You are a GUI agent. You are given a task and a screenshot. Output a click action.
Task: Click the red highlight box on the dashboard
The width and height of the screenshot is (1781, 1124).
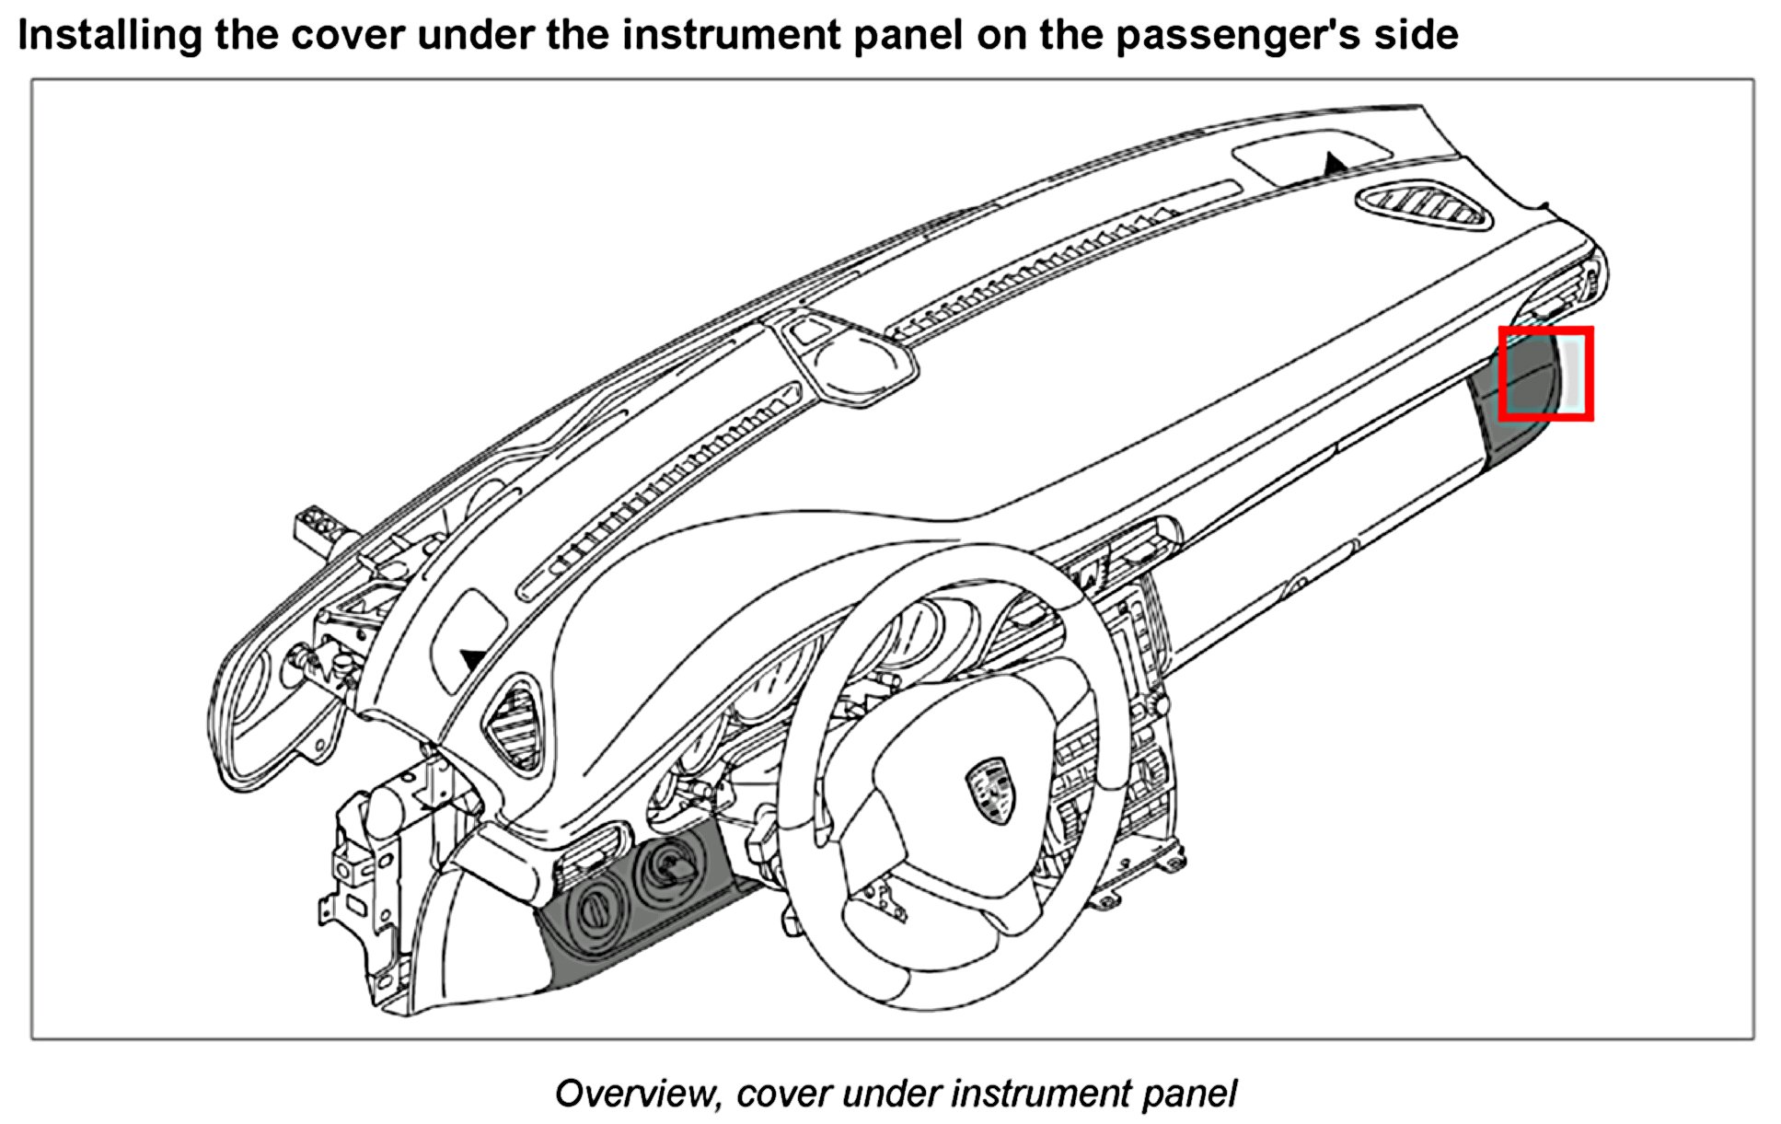(x=1545, y=374)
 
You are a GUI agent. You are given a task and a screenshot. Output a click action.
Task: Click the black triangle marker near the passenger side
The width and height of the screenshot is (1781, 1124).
(x=1334, y=164)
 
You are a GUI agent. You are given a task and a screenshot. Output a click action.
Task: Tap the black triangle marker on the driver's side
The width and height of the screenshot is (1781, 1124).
(x=473, y=658)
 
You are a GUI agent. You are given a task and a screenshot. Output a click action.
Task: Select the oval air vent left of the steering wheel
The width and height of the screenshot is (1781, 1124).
(x=515, y=724)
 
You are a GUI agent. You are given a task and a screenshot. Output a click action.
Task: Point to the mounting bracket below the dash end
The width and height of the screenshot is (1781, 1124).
(x=363, y=875)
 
